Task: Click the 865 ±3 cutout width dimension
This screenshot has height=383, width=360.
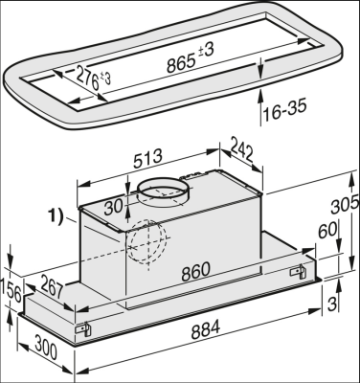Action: [x=191, y=57]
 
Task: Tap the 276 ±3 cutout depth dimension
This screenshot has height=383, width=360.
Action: [x=94, y=79]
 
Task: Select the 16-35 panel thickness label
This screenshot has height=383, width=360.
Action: [x=284, y=109]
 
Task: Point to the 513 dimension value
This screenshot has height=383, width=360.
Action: [x=147, y=158]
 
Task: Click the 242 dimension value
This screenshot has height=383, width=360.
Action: [x=242, y=148]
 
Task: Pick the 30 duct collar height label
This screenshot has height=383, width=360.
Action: [x=114, y=207]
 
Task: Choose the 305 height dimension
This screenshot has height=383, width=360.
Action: [x=345, y=205]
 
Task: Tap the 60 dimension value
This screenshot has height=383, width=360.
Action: [x=328, y=231]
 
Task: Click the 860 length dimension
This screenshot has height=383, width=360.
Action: [x=196, y=272]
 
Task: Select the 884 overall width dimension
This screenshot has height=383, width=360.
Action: [x=206, y=329]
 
